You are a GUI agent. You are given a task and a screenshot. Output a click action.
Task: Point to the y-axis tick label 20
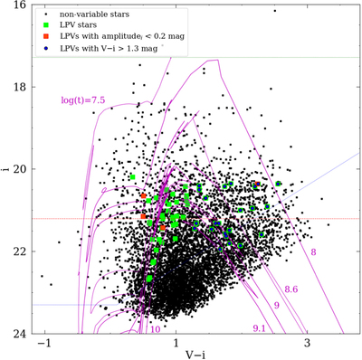18,169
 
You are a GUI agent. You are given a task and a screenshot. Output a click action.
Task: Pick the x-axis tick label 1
176,346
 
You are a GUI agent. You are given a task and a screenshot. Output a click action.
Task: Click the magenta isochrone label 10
157,329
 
